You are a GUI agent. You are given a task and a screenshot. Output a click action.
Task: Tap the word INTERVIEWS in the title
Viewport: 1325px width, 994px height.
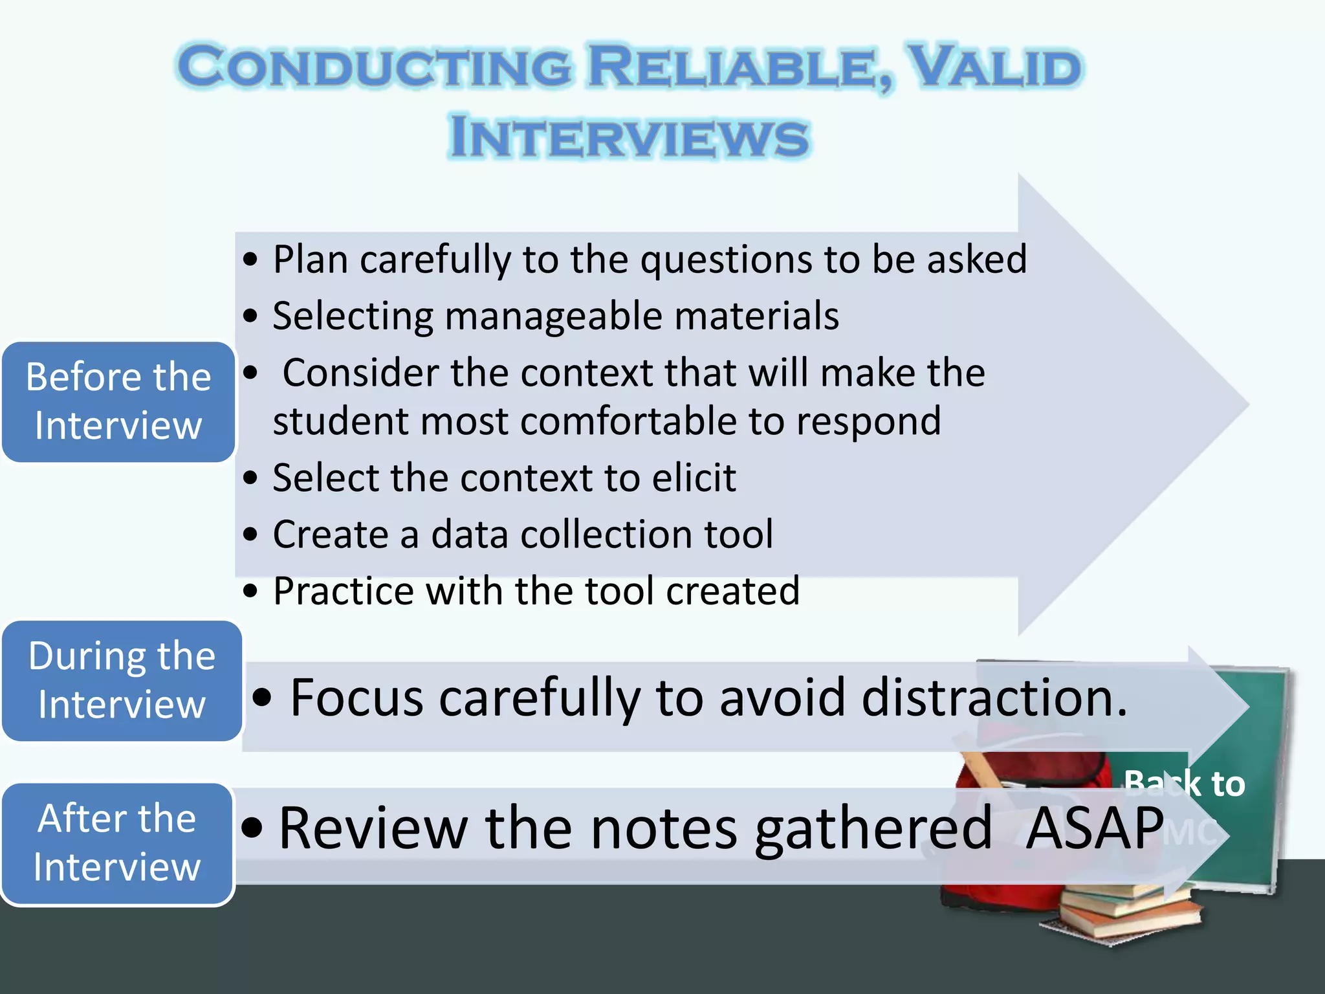tap(629, 137)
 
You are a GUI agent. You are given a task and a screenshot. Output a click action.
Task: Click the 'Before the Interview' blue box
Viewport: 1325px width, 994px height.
tap(118, 401)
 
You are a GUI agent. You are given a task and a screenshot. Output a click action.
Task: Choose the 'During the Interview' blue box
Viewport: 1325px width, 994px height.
tap(122, 680)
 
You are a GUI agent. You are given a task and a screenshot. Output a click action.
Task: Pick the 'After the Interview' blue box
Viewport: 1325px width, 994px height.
tap(117, 843)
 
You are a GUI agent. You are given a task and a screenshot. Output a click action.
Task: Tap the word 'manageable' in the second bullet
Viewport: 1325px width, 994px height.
tap(554, 316)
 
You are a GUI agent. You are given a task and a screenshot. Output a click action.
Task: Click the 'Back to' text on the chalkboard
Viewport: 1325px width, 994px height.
tap(1184, 783)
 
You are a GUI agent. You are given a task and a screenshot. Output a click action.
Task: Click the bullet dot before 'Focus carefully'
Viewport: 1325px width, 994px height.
tap(262, 698)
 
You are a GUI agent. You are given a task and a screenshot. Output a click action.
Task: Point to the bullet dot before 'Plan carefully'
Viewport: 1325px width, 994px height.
tap(250, 260)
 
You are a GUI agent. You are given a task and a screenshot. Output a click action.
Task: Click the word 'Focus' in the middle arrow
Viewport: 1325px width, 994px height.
tap(356, 698)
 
